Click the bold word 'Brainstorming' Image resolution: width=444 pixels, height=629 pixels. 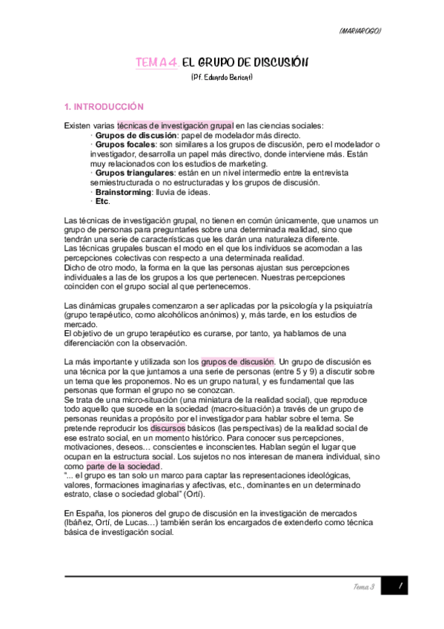(122, 191)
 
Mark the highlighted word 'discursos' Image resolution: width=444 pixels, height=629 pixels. (168, 429)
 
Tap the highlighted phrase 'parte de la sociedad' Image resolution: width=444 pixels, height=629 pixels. (123, 467)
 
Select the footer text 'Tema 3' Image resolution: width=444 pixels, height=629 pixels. (362, 587)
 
